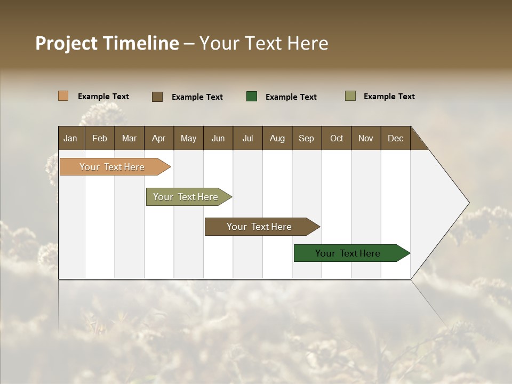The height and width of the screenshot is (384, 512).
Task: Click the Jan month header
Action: click(x=71, y=138)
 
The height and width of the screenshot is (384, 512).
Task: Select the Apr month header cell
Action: click(x=159, y=138)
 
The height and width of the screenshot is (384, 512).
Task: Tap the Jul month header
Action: click(x=247, y=138)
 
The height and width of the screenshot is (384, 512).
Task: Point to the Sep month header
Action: click(x=307, y=138)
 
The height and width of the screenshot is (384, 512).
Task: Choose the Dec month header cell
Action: click(x=395, y=138)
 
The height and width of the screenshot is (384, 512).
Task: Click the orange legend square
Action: click(x=63, y=96)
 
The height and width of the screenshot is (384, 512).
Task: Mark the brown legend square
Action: click(x=157, y=97)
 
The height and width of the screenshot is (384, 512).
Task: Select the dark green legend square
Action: click(x=252, y=97)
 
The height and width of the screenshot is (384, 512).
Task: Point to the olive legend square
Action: click(x=350, y=96)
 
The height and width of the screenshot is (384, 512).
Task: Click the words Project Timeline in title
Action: click(x=107, y=43)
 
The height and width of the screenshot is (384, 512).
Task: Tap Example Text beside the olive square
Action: click(x=389, y=97)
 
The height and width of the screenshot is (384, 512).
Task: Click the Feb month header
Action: click(x=100, y=138)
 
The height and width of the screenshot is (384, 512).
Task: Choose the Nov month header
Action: click(x=366, y=138)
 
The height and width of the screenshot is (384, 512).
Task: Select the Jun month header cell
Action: click(x=218, y=138)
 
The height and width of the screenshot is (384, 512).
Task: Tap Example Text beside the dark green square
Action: click(x=291, y=97)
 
